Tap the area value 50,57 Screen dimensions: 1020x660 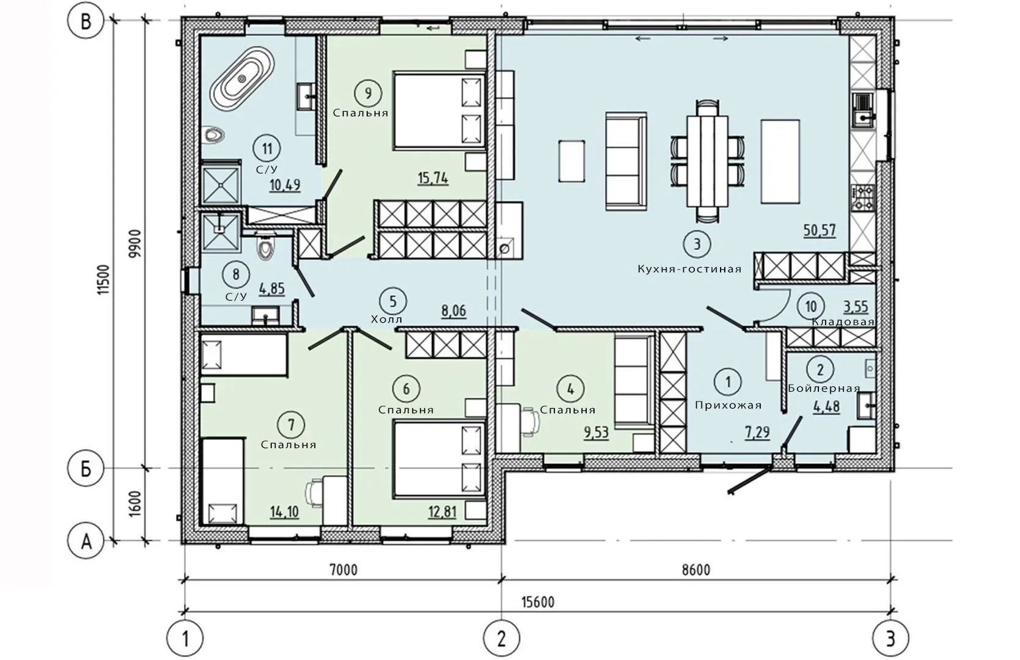(820, 230)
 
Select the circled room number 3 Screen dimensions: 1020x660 (697, 244)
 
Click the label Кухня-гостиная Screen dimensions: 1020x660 (689, 269)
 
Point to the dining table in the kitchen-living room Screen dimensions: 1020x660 (707, 161)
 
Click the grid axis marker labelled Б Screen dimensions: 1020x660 (86, 469)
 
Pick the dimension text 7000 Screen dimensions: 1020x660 (343, 570)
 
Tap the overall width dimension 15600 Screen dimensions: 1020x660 (538, 602)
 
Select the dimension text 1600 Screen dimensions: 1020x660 (135, 504)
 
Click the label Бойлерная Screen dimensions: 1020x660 (824, 389)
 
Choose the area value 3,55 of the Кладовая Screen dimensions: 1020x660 (856, 307)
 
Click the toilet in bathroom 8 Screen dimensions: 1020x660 (265, 246)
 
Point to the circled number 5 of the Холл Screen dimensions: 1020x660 (392, 301)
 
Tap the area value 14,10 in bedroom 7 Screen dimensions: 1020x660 (285, 512)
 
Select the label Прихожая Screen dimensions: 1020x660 (728, 405)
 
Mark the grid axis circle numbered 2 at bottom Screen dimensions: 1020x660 (501, 639)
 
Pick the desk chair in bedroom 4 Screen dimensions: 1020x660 (532, 422)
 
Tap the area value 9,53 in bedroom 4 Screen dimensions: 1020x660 (596, 432)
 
